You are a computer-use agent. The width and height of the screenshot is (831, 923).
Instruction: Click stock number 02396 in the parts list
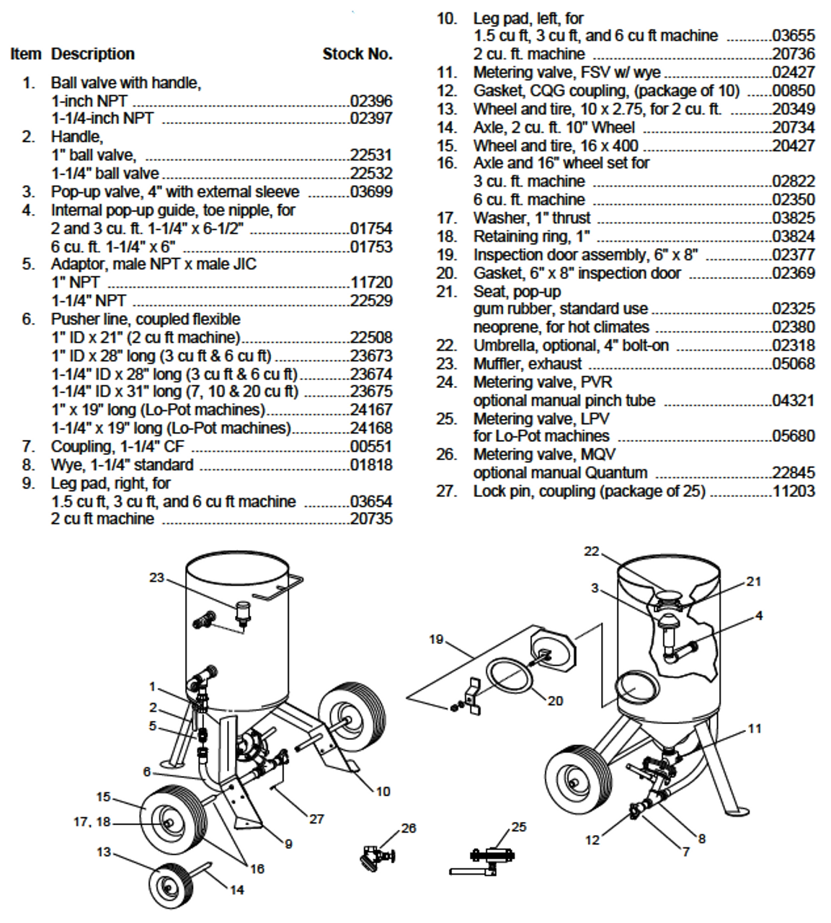pyautogui.click(x=371, y=101)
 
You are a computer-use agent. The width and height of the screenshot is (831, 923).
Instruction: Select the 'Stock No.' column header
pyautogui.click(x=357, y=54)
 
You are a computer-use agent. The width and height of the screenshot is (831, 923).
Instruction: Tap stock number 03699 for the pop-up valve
pyautogui.click(x=371, y=192)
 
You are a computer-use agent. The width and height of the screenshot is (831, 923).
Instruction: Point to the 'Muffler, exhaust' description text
pyautogui.click(x=527, y=364)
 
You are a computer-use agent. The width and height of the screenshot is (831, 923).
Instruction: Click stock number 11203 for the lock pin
pyautogui.click(x=794, y=491)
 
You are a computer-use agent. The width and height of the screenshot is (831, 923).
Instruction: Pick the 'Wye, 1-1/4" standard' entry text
pyautogui.click(x=122, y=465)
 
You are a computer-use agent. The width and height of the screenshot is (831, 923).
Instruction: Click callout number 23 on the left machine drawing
pyautogui.click(x=156, y=578)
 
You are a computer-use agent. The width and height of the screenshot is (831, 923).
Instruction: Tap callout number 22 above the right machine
pyautogui.click(x=592, y=552)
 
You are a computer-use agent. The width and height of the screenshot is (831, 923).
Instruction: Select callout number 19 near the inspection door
pyautogui.click(x=436, y=639)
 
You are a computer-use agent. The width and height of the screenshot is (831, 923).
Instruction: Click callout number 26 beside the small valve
pyautogui.click(x=409, y=828)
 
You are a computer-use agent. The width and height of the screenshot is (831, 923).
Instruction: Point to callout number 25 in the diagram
pyautogui.click(x=519, y=827)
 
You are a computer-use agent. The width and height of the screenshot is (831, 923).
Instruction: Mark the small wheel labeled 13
pyautogui.click(x=171, y=882)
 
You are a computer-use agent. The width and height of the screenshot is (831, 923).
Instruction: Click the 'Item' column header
pyautogui.click(x=26, y=54)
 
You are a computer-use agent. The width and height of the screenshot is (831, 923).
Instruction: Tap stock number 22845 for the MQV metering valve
pyautogui.click(x=794, y=473)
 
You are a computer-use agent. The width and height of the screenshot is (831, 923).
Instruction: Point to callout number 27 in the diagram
pyautogui.click(x=316, y=819)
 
